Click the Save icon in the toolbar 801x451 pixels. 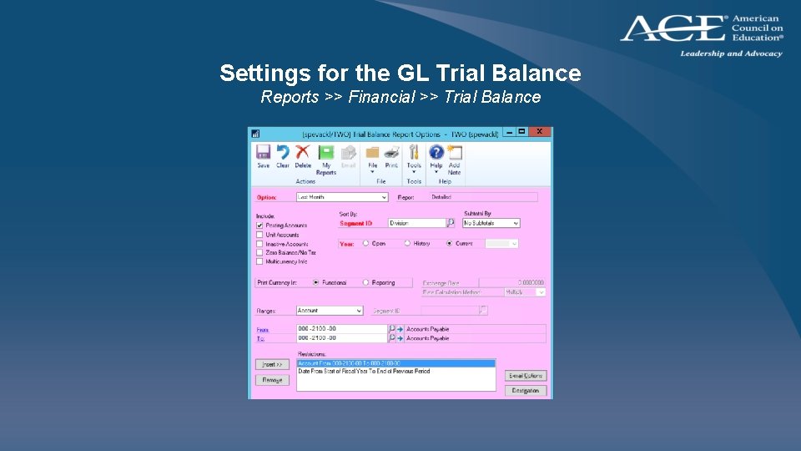(x=263, y=154)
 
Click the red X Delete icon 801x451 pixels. (x=303, y=154)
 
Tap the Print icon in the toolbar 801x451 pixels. (x=391, y=154)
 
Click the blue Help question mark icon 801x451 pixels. (x=436, y=154)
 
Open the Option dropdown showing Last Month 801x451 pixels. (x=342, y=197)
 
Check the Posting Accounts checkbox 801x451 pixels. (x=259, y=225)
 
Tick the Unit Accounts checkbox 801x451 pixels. (x=259, y=235)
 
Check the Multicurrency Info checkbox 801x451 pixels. (x=259, y=261)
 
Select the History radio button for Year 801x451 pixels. (x=407, y=244)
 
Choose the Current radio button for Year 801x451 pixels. (x=449, y=244)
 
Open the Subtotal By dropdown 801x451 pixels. (x=491, y=223)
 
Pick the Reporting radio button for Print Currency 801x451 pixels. (x=365, y=282)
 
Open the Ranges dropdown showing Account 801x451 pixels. (x=330, y=311)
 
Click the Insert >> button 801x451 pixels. (x=272, y=365)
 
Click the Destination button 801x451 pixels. (x=526, y=390)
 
